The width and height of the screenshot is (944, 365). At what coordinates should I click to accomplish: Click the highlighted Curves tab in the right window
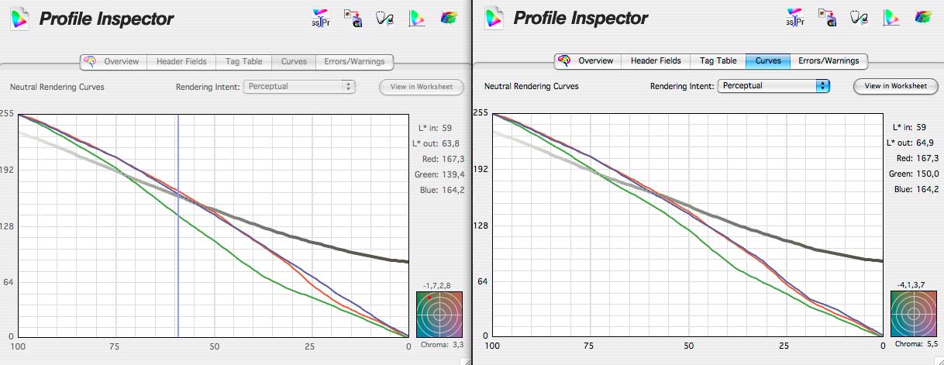click(768, 60)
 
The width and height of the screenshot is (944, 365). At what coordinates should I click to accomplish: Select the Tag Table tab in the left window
click(243, 61)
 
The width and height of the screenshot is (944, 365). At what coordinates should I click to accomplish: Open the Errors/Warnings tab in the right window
click(829, 60)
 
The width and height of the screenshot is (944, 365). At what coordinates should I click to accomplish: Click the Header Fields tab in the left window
click(181, 61)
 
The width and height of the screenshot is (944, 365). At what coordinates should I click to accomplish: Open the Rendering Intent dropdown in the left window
click(300, 86)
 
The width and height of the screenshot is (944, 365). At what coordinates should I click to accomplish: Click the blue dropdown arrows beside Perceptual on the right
click(822, 85)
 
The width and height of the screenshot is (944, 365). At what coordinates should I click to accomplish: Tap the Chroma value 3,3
click(458, 345)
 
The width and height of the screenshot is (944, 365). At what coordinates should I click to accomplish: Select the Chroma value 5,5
click(932, 344)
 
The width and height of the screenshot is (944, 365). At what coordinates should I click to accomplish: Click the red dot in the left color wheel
click(429, 298)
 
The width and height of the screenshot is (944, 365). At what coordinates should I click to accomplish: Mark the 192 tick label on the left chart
click(8, 170)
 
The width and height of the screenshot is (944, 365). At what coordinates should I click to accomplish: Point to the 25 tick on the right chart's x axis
click(784, 346)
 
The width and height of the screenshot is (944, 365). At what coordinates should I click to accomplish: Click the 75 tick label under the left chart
click(114, 346)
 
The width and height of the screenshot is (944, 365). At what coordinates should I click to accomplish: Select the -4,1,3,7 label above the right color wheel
click(911, 285)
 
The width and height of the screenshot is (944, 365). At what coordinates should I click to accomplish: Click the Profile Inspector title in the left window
click(106, 19)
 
